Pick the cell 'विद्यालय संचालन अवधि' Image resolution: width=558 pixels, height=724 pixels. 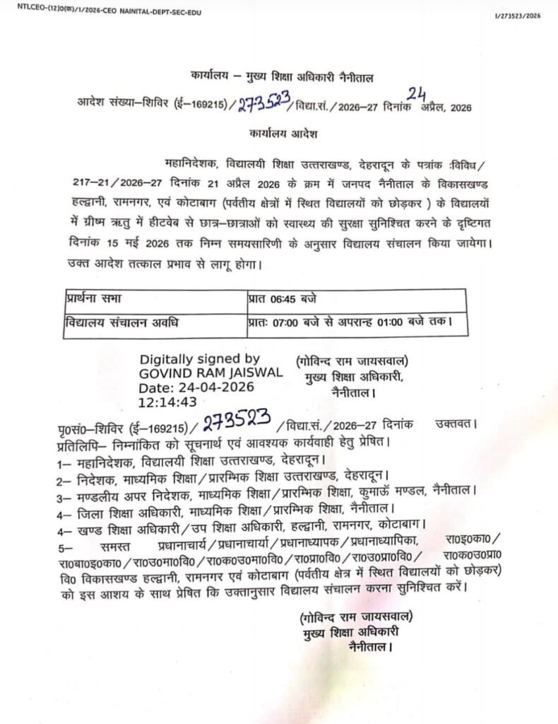coord(121,322)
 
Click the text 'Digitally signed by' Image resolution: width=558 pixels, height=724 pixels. coord(200,359)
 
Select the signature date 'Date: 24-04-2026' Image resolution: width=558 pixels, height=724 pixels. coord(195,387)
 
